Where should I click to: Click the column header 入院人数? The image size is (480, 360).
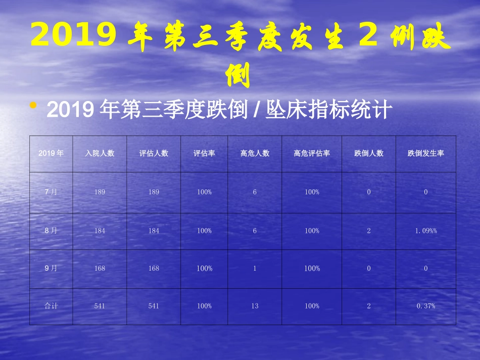pyautogui.click(x=100, y=153)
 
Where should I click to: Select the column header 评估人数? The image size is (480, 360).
pyautogui.click(x=154, y=153)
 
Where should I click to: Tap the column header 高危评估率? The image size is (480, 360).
pyautogui.click(x=312, y=153)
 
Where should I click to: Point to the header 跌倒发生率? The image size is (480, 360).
pyautogui.click(x=425, y=153)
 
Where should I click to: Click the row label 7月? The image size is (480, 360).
pyautogui.click(x=51, y=192)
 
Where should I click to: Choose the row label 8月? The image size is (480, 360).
pyautogui.click(x=51, y=231)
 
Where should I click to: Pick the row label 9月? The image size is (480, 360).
pyautogui.click(x=51, y=268)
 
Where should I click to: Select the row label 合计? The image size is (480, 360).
pyautogui.click(x=51, y=306)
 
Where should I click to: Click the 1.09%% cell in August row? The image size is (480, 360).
pyautogui.click(x=425, y=231)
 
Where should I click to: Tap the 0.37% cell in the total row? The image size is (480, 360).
pyautogui.click(x=425, y=306)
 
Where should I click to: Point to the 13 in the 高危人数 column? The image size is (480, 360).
pyautogui.click(x=255, y=306)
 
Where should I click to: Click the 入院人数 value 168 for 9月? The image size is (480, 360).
pyautogui.click(x=100, y=268)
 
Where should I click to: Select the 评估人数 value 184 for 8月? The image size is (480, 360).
pyautogui.click(x=154, y=231)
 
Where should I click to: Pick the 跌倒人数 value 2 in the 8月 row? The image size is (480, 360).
pyautogui.click(x=369, y=231)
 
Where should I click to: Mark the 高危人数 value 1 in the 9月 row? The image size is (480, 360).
pyautogui.click(x=255, y=268)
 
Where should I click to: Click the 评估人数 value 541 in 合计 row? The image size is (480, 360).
pyautogui.click(x=154, y=306)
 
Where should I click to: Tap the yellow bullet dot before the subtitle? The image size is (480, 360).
pyautogui.click(x=34, y=106)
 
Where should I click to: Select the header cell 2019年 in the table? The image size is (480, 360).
pyautogui.click(x=51, y=153)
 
